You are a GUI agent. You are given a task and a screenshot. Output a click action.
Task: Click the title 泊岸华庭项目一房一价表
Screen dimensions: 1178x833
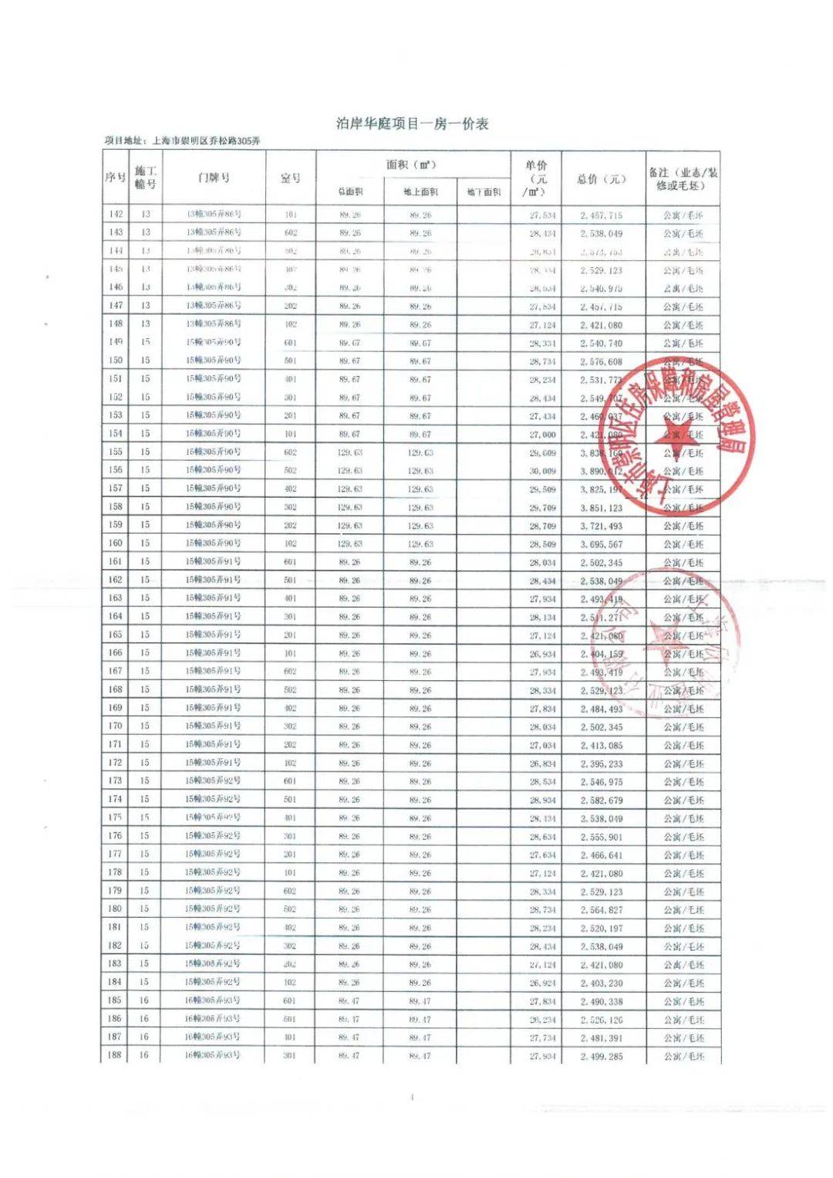click(x=412, y=124)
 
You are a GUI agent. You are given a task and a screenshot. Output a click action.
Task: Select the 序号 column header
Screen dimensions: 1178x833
click(x=115, y=178)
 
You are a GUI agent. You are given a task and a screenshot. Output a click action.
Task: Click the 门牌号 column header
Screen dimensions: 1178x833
click(x=213, y=178)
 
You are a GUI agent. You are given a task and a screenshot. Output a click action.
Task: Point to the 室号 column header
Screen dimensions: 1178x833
click(x=290, y=178)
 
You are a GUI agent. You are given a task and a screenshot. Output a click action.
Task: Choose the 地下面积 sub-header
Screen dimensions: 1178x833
click(x=484, y=191)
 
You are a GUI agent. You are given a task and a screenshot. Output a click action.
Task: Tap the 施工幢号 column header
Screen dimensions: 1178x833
click(x=145, y=178)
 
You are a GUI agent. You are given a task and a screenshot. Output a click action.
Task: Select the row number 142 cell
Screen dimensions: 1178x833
click(x=116, y=215)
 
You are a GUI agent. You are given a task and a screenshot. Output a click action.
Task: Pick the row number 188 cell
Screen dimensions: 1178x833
click(x=115, y=1055)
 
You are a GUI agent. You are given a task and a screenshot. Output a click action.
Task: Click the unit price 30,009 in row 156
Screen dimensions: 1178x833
click(x=542, y=471)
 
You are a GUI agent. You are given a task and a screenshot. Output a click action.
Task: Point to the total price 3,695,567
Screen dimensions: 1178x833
click(x=602, y=544)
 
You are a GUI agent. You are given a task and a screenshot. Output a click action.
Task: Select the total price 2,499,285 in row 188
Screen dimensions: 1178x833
click(x=602, y=1056)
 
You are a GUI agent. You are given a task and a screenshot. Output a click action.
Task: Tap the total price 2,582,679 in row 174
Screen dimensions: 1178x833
click(x=602, y=801)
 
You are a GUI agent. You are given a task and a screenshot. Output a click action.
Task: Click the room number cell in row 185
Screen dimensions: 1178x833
click(x=290, y=1001)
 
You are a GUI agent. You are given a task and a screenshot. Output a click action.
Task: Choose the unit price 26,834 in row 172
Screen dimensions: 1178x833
click(x=542, y=763)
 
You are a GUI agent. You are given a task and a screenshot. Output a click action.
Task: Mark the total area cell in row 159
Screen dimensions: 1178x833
click(x=349, y=526)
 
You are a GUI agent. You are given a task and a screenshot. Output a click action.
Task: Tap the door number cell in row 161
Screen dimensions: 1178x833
click(x=213, y=562)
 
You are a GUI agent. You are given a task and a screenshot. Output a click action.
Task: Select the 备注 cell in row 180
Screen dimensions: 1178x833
click(x=683, y=910)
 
